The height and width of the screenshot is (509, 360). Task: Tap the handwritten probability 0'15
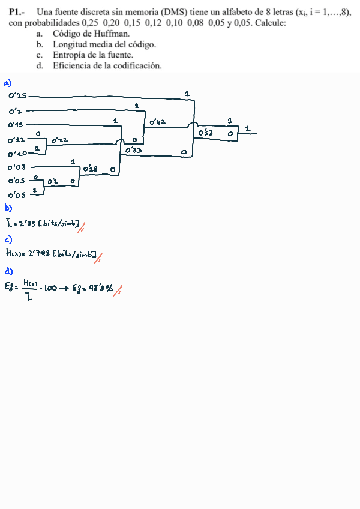(x=16, y=125)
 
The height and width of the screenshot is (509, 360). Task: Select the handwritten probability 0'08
(x=17, y=167)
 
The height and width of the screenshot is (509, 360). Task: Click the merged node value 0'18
(x=91, y=169)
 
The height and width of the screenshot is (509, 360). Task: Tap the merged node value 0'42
(x=158, y=122)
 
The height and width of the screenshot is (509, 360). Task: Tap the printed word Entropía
(x=69, y=55)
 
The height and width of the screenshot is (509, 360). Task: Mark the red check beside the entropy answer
(x=97, y=257)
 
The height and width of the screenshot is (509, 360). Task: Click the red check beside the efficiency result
(x=119, y=290)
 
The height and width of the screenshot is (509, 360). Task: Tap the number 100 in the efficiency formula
(x=50, y=288)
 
